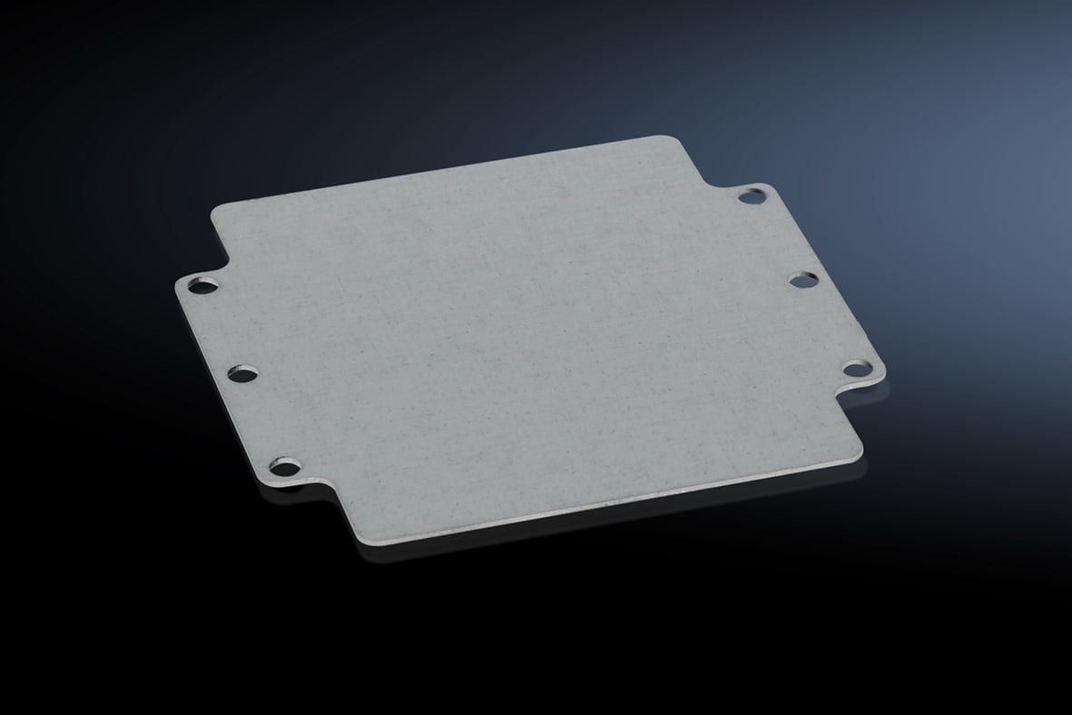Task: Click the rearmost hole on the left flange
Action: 202,286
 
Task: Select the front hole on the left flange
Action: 286,469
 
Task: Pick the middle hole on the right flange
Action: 802,280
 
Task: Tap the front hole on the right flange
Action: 854,368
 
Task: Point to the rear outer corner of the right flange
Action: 768,187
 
